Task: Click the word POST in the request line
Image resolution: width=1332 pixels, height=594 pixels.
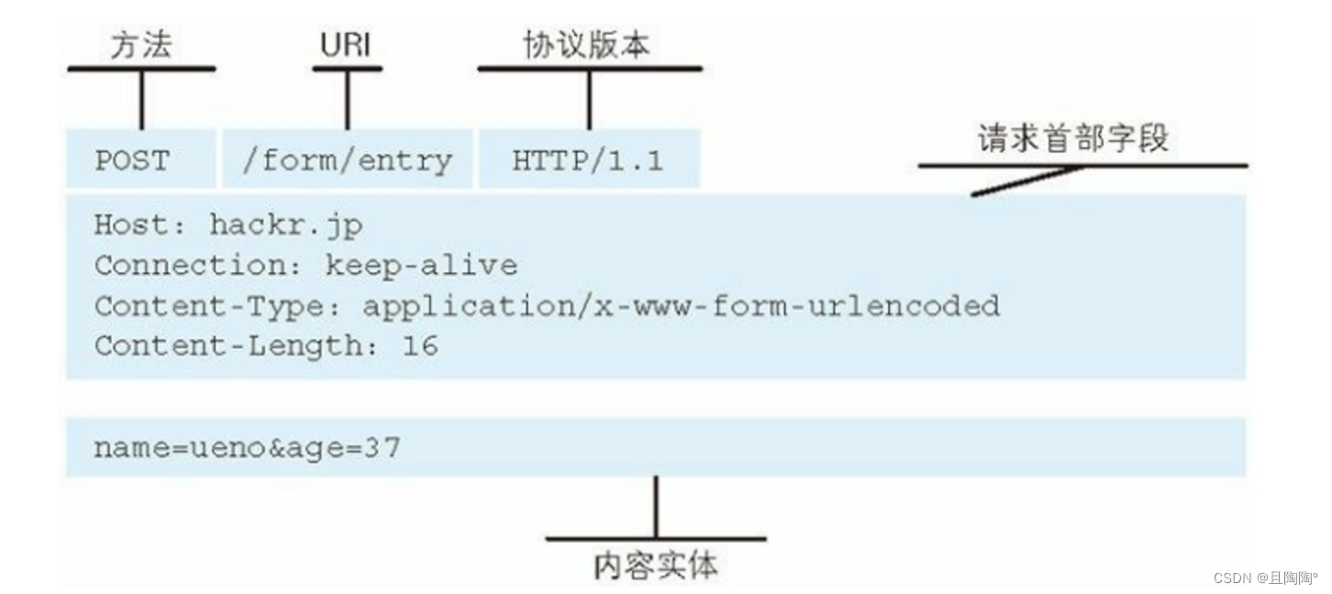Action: [x=132, y=160]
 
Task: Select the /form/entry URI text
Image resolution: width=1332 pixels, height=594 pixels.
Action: [x=347, y=160]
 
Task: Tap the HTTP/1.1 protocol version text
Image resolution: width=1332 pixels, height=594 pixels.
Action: [x=587, y=160]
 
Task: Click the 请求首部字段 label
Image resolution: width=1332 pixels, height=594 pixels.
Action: [x=1072, y=139]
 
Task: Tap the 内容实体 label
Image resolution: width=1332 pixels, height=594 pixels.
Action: [x=655, y=566]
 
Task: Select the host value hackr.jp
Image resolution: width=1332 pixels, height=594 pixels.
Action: [x=286, y=225]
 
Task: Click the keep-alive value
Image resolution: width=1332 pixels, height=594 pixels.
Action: [x=421, y=266]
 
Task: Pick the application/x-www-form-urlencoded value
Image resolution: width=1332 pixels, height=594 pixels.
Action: [x=681, y=305]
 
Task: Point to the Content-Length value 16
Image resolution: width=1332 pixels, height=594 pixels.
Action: [x=420, y=346]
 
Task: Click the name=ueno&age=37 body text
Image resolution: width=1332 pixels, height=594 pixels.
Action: [x=247, y=449]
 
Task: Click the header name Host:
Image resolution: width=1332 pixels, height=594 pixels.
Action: [x=142, y=225]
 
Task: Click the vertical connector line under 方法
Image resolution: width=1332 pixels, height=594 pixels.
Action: [x=141, y=99]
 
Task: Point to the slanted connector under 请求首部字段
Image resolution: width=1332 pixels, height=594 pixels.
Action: [x=1027, y=181]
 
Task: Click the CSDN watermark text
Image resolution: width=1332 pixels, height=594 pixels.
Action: [x=1265, y=577]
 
